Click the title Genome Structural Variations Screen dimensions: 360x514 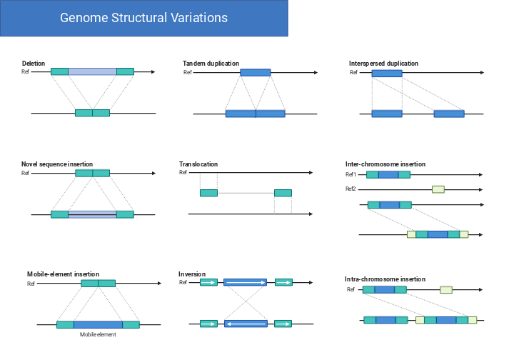(143, 18)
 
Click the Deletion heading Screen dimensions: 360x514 (34, 64)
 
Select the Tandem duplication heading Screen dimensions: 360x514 (211, 64)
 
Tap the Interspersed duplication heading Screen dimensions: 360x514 (383, 64)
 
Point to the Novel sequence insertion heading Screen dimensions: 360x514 (57, 164)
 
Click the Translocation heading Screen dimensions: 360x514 (198, 164)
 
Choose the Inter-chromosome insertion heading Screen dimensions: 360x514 (386, 164)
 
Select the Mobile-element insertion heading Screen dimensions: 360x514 (63, 274)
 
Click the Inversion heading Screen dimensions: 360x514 (192, 274)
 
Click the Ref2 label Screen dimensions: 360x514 (351, 189)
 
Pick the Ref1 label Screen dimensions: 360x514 (351, 174)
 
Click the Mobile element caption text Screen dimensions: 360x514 (98, 334)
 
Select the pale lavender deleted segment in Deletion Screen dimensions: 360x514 (92, 71)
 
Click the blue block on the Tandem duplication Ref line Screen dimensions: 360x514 (255, 72)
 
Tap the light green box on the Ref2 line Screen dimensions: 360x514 (438, 189)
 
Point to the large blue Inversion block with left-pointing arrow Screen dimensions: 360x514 (246, 324)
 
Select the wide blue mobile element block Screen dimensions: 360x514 (98, 324)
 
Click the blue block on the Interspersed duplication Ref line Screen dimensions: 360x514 (387, 73)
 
